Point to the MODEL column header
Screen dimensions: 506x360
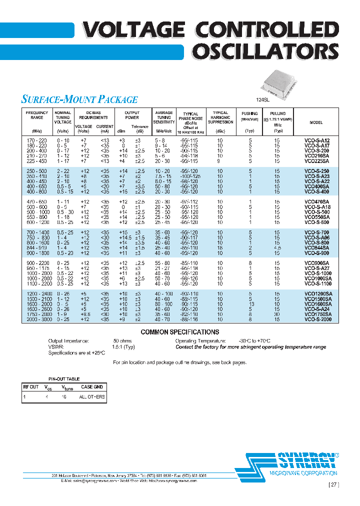point(316,122)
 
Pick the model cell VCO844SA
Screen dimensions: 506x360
point(317,248)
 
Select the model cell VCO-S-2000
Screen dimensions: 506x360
point(317,319)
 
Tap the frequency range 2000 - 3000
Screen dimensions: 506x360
point(37,319)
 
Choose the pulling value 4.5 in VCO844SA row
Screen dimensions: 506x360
point(278,248)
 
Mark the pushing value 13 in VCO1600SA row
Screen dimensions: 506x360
point(251,304)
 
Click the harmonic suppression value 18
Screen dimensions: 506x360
point(220,248)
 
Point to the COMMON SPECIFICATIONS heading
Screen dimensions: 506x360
point(179,332)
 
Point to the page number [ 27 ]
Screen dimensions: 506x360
point(333,484)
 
